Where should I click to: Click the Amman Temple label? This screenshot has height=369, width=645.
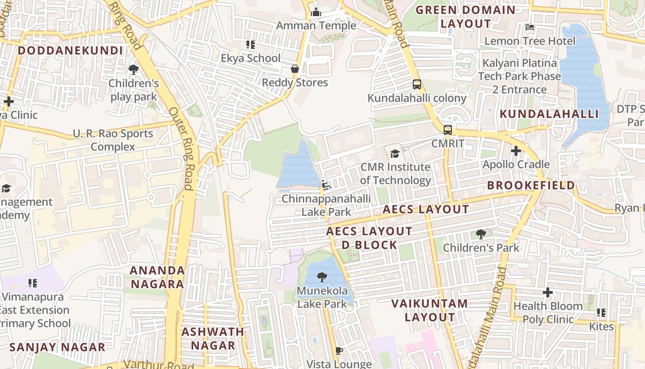tap(316, 26)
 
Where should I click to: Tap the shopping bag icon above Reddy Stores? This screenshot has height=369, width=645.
tap(295, 69)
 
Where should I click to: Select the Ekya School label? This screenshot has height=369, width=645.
tap(251, 58)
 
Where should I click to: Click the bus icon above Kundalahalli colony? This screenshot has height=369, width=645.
tap(417, 84)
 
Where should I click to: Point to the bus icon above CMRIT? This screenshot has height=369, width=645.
tap(448, 130)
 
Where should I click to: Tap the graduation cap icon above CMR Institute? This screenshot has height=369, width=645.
tap(395, 154)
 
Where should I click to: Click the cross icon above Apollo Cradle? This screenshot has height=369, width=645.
tap(516, 151)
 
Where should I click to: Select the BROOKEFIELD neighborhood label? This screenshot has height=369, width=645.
tap(531, 185)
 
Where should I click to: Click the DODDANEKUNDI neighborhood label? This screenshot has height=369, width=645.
tap(70, 51)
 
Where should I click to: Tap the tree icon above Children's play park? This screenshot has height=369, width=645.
tap(134, 70)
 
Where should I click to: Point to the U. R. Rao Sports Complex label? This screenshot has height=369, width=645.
tap(113, 140)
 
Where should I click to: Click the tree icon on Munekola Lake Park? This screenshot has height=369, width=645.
tap(322, 277)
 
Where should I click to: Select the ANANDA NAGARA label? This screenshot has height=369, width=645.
tap(158, 277)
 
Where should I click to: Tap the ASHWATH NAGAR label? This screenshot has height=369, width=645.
tap(213, 338)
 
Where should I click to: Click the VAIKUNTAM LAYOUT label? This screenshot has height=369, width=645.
tap(430, 310)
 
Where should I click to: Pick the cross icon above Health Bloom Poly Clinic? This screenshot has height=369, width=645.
tap(548, 292)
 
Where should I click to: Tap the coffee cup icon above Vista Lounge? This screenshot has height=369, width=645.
tap(339, 351)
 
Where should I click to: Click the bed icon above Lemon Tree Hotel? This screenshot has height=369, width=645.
tap(530, 27)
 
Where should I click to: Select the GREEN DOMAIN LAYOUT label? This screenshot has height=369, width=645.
tap(466, 17)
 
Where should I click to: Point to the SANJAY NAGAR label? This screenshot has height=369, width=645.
tap(58, 347)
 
